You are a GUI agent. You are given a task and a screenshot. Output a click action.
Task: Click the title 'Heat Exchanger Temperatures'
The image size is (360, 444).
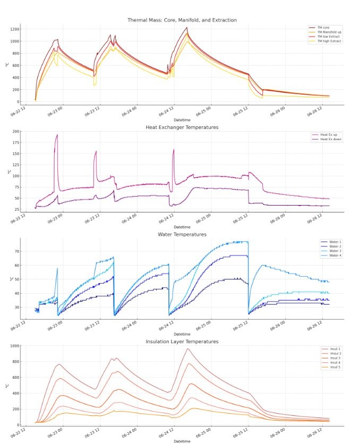(182, 127)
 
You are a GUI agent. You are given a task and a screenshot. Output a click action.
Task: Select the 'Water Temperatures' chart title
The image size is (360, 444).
(182, 234)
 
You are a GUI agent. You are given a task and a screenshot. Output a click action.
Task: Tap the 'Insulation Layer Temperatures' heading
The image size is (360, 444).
(182, 341)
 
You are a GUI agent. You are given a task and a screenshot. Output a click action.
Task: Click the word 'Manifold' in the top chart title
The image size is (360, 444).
(183, 20)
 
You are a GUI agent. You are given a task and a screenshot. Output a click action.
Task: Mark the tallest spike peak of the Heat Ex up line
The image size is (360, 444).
(57, 135)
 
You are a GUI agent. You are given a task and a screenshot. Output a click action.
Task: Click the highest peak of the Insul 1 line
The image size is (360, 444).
(187, 349)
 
